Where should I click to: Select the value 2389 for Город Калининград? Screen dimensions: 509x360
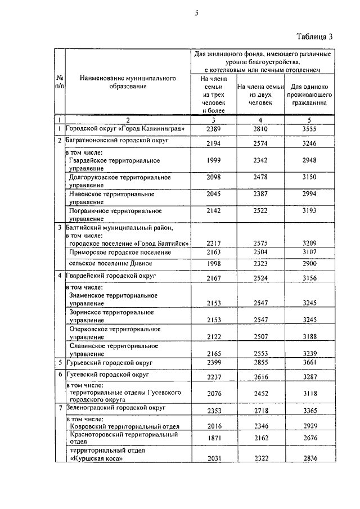[211, 129]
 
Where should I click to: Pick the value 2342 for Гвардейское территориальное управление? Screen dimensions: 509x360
[259, 161]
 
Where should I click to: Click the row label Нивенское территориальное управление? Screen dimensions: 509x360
[111, 198]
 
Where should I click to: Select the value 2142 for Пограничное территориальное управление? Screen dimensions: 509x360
[211, 211]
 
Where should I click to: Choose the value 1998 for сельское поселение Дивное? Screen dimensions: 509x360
[211, 264]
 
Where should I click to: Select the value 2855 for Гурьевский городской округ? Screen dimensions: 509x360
[259, 363]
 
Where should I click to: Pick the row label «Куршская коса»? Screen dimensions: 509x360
[96, 458]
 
